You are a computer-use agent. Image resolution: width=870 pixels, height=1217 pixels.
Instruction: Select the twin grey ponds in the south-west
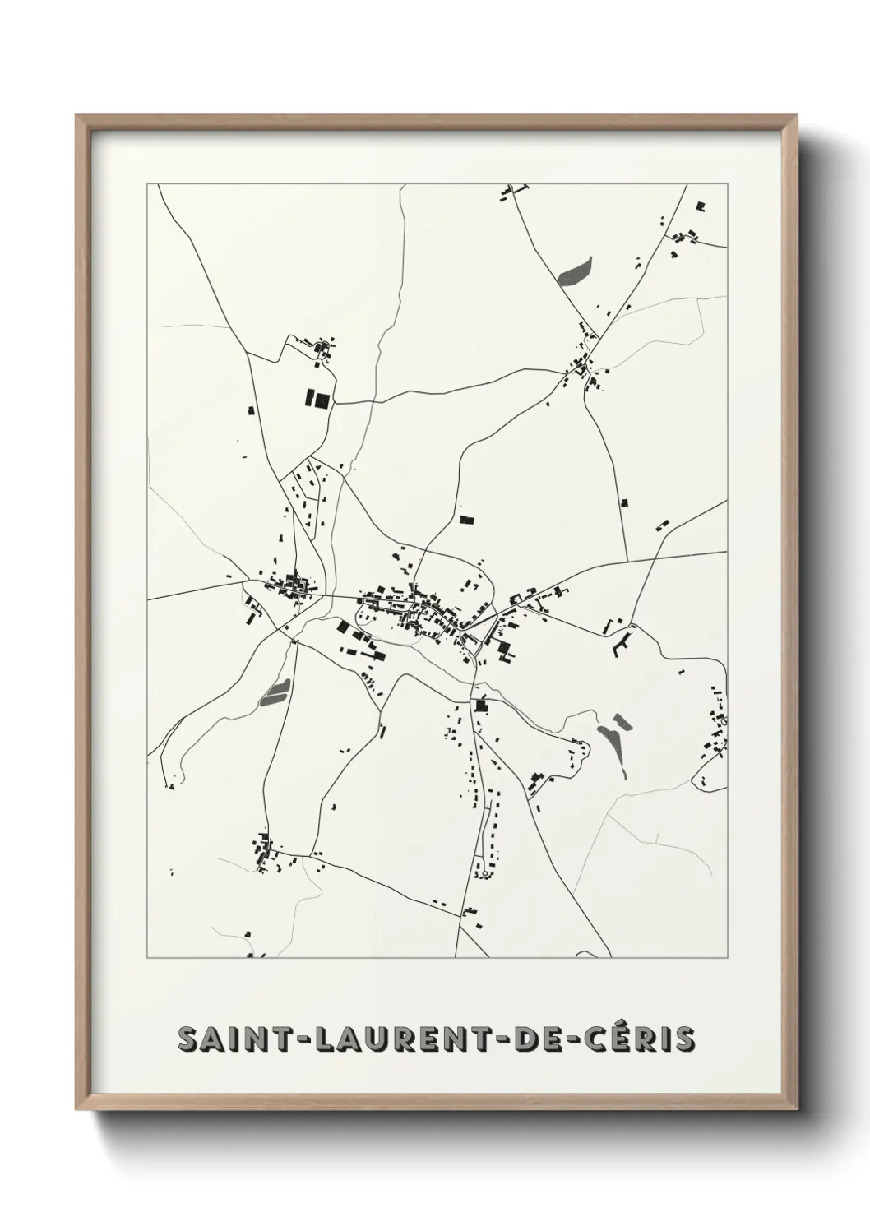273,693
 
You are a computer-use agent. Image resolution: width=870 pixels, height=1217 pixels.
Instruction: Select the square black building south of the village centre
481,704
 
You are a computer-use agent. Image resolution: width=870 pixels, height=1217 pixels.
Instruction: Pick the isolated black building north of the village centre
466,519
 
